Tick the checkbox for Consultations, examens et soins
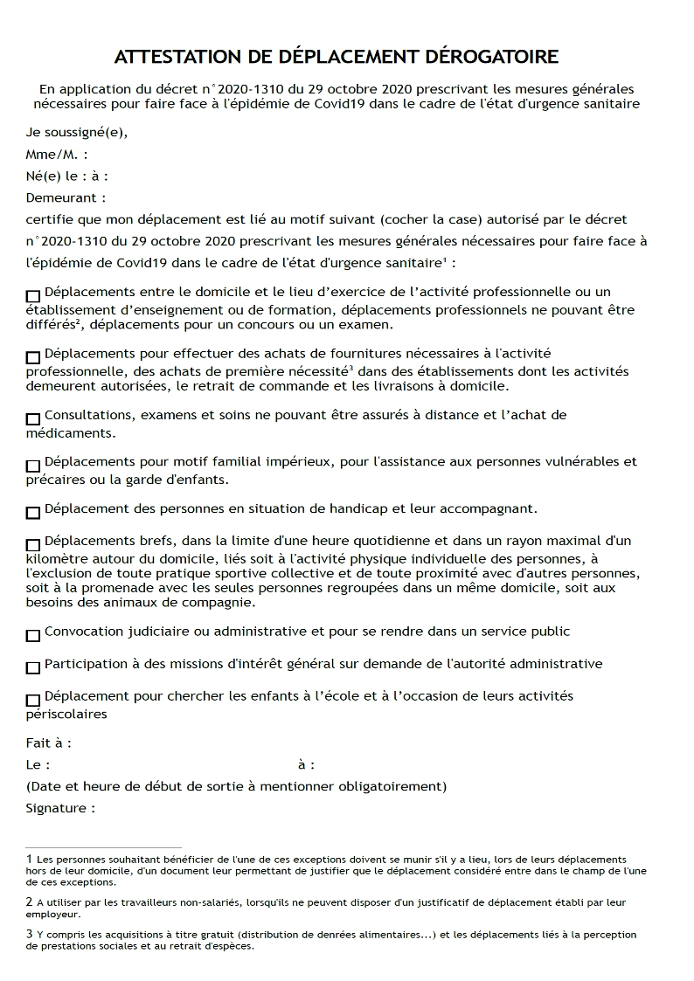coord(33,418)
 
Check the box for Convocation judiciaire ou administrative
coord(33,635)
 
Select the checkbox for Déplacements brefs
coord(33,544)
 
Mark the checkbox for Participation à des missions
coord(33,667)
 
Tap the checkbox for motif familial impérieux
coord(33,466)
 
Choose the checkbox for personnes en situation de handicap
coord(33,512)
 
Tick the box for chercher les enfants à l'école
coord(33,700)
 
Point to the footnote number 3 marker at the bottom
coord(29,935)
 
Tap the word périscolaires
coord(66,714)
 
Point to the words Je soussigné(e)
coord(77,133)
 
